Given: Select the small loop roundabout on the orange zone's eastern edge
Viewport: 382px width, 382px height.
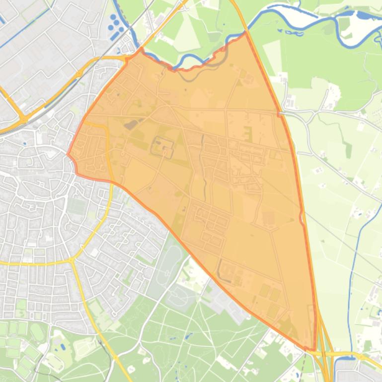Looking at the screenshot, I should (x=302, y=217).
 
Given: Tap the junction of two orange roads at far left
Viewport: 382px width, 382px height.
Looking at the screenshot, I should (x=23, y=119).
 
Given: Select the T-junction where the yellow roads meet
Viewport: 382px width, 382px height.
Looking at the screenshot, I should (x=72, y=260).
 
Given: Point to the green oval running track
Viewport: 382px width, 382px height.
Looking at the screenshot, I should (x=37, y=331).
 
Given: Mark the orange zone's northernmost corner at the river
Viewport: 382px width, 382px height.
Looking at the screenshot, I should (x=245, y=34).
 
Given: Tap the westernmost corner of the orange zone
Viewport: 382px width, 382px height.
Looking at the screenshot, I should (x=68, y=154).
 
